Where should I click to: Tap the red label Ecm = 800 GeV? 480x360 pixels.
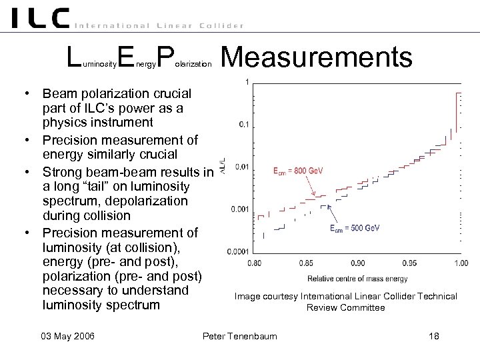pyautogui.click(x=298, y=171)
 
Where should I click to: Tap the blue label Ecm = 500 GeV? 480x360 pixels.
pyautogui.click(x=355, y=228)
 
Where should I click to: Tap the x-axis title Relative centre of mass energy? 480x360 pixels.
pyautogui.click(x=357, y=278)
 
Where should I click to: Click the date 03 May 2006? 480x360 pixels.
pyautogui.click(x=67, y=336)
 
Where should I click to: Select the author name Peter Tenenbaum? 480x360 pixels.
pyautogui.click(x=239, y=336)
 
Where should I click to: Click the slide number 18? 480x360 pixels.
pyautogui.click(x=433, y=336)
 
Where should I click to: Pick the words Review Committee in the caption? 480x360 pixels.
pyautogui.click(x=345, y=308)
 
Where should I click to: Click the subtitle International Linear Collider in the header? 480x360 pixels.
pyautogui.click(x=159, y=25)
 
